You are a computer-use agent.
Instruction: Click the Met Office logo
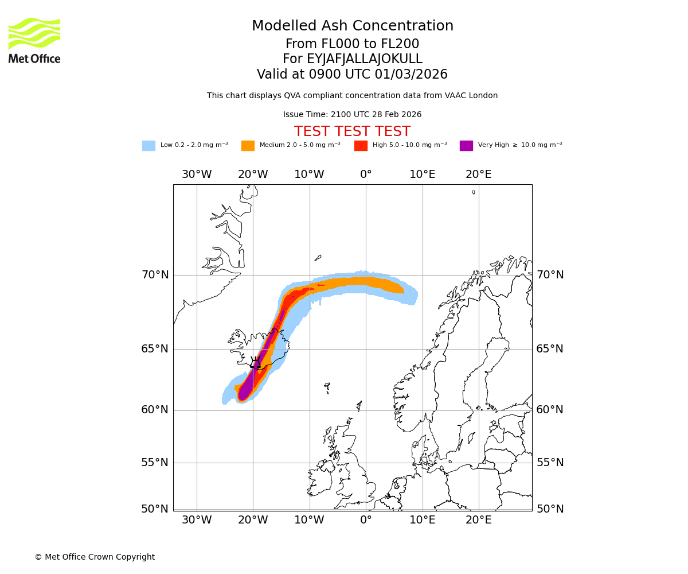[x=34, y=40]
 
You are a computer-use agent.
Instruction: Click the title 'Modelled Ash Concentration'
[x=353, y=26]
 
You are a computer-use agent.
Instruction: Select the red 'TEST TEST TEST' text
[x=353, y=131]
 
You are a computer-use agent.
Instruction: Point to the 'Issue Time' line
[x=353, y=115]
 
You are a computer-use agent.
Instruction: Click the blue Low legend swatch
[x=148, y=146]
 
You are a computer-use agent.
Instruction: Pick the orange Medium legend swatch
[x=248, y=146]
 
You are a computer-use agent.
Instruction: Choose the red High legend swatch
[x=361, y=146]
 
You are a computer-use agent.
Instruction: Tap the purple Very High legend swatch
[x=466, y=146]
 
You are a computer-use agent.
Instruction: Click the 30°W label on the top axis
[x=197, y=174]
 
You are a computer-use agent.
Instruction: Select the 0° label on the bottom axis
[x=366, y=521]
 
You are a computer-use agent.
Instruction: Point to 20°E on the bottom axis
[x=479, y=521]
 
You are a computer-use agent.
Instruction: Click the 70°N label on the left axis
[x=155, y=275]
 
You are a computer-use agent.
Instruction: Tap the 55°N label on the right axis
[x=550, y=463]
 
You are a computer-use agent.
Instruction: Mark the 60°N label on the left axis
[x=155, y=410]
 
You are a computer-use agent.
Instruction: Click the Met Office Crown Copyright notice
[x=95, y=557]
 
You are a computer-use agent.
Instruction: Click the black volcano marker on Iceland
[x=255, y=363]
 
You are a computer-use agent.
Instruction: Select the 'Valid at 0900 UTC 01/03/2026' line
[x=353, y=75]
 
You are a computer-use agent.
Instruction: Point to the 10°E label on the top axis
[x=423, y=174]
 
